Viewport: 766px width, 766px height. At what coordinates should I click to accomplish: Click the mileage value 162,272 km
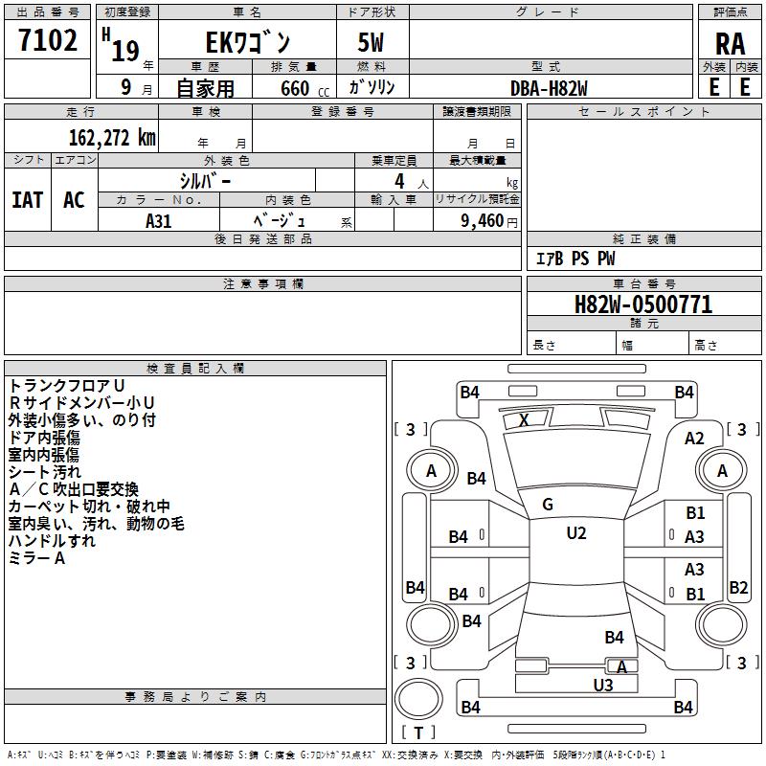coord(112,138)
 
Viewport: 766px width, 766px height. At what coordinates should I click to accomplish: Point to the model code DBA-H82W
coord(549,87)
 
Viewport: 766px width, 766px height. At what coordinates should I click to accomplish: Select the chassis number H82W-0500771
coord(642,305)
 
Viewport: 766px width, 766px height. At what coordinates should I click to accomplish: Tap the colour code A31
coord(159,221)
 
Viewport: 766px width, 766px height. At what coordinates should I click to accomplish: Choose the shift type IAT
coord(28,200)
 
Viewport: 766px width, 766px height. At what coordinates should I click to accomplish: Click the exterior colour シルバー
coord(205,180)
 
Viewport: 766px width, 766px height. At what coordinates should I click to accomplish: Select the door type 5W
coord(372,43)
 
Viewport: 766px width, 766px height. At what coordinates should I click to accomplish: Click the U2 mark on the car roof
coord(575,533)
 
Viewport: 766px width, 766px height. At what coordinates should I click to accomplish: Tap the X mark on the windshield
coord(524,420)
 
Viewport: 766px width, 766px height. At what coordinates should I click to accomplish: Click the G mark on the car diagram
coord(547,505)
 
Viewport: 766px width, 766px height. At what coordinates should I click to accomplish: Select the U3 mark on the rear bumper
coord(602,685)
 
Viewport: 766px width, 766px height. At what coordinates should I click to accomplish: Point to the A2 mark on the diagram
coord(694,439)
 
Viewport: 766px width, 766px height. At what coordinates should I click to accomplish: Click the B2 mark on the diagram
coord(738,588)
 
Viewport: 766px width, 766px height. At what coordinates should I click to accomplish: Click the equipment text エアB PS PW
coord(574,259)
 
